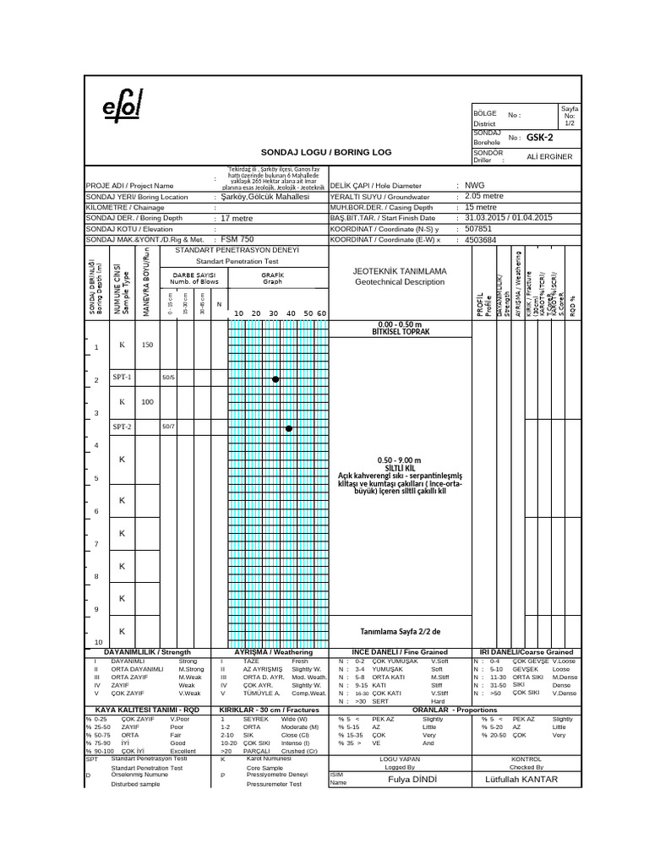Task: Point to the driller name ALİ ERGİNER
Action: [x=548, y=156]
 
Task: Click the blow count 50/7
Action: [x=168, y=427]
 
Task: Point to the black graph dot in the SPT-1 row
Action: [x=275, y=380]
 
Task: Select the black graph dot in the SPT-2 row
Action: [x=289, y=429]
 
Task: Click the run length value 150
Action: [x=147, y=345]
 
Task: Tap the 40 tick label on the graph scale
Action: [x=291, y=313]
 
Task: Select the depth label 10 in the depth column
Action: [x=96, y=642]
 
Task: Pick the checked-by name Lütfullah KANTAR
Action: [x=526, y=778]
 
